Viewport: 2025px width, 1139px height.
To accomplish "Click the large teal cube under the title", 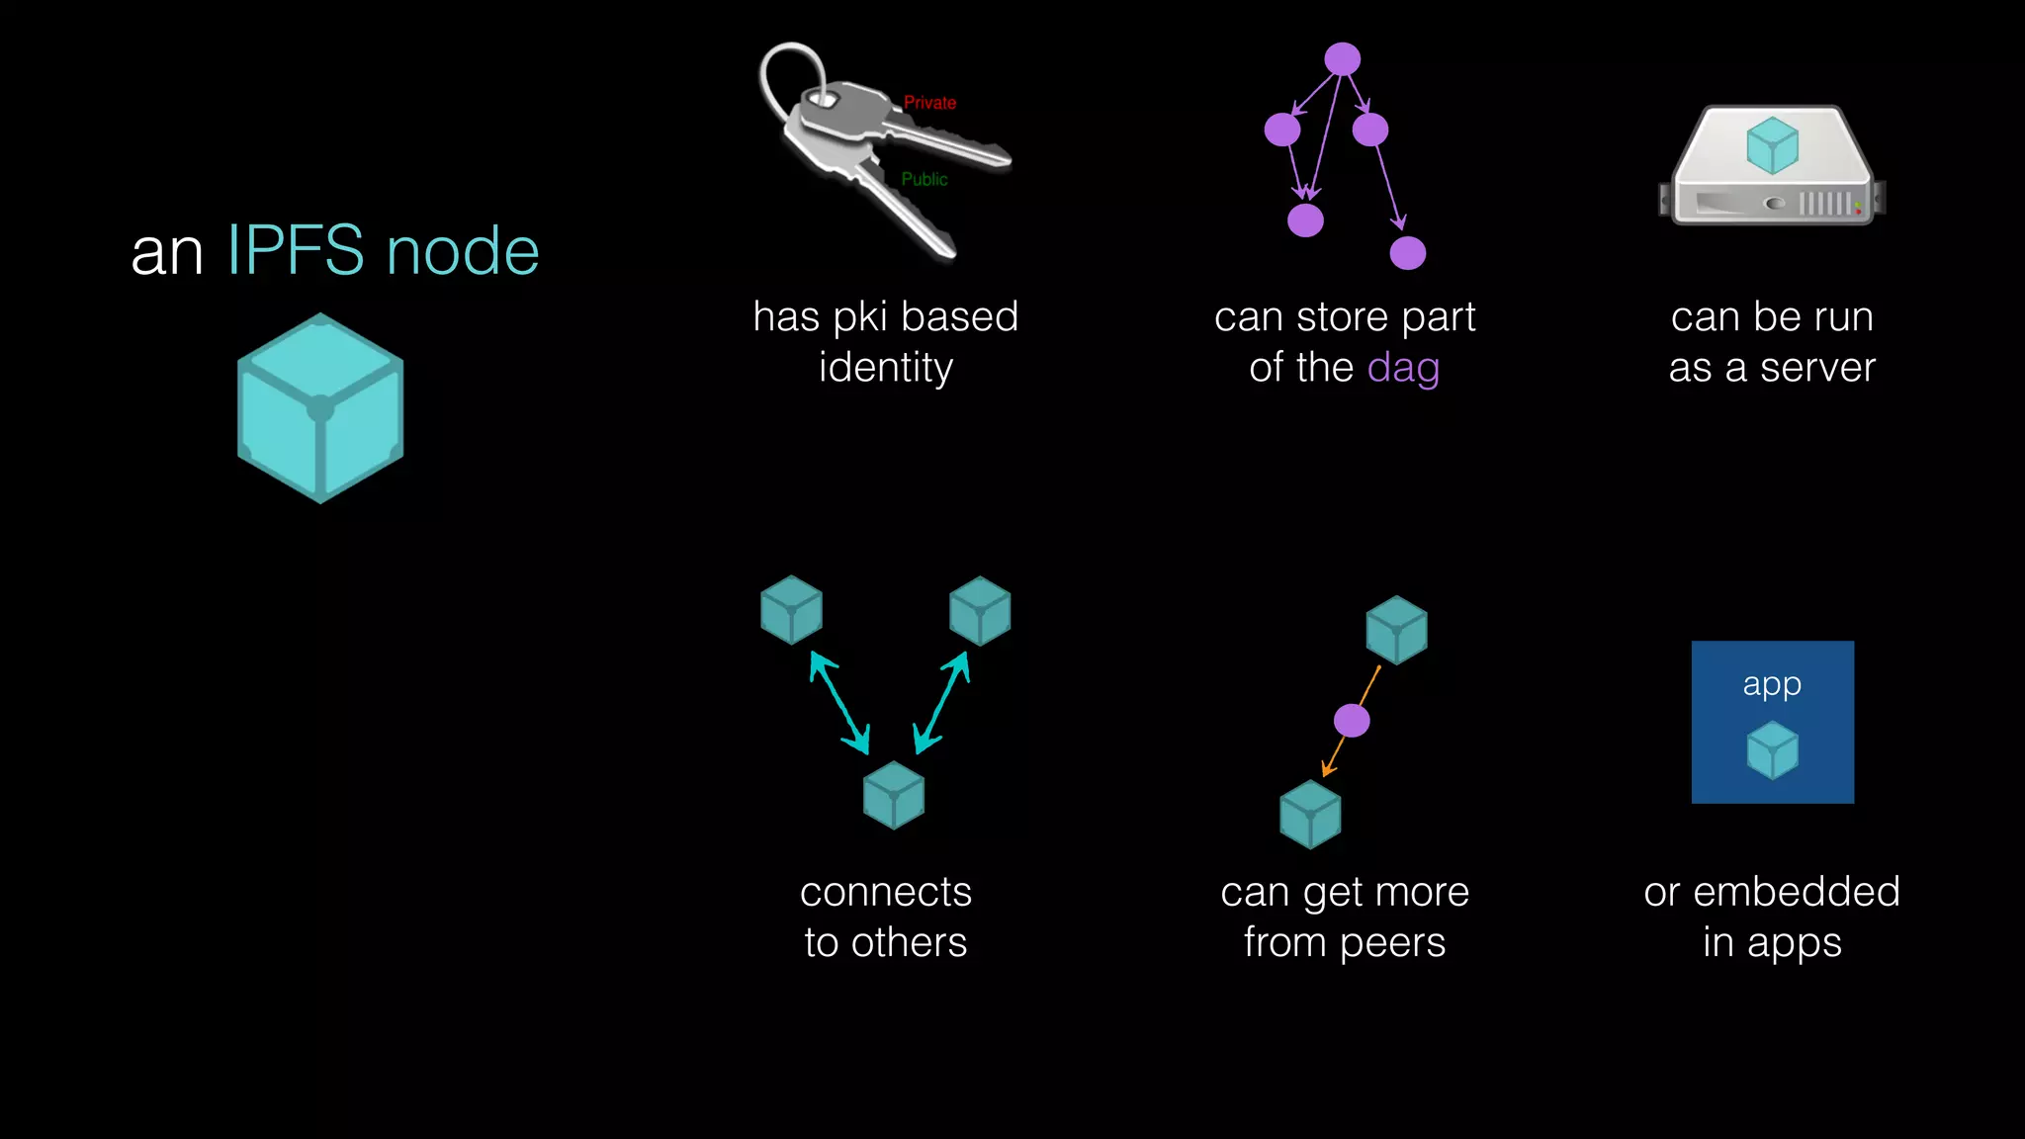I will (x=320, y=407).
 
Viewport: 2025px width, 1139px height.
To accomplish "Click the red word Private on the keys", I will (x=929, y=103).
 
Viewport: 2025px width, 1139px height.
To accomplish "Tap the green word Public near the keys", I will (x=924, y=179).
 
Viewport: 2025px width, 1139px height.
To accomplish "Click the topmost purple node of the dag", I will (x=1342, y=59).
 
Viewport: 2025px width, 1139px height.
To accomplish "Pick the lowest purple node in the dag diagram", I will (x=1407, y=253).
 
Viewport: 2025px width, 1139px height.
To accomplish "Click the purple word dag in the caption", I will (x=1403, y=368).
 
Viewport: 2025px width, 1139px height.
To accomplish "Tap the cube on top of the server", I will (x=1772, y=145).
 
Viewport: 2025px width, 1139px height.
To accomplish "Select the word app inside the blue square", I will (x=1772, y=684).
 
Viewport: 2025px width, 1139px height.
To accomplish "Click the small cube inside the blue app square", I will (x=1772, y=749).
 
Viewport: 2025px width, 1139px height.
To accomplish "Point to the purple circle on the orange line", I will (x=1352, y=721).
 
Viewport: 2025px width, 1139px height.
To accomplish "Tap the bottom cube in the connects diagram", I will (x=894, y=795).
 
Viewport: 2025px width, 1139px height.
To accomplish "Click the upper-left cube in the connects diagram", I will (x=791, y=610).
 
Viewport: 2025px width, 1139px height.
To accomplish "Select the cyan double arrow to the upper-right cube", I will (x=941, y=703).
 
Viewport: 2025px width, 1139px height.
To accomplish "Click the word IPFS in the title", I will (x=296, y=250).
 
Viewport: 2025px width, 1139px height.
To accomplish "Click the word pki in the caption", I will (x=860, y=318).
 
